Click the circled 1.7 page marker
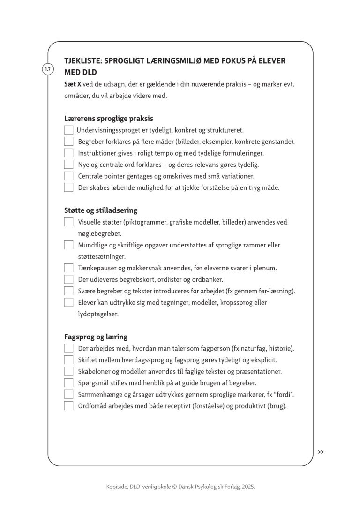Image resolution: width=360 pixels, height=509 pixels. pyautogui.click(x=47, y=69)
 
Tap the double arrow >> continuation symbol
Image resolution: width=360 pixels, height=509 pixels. pyautogui.click(x=321, y=452)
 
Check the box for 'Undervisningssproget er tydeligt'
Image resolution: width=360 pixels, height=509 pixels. pyautogui.click(x=68, y=130)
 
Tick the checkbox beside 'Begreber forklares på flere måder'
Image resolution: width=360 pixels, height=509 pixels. pyautogui.click(x=68, y=142)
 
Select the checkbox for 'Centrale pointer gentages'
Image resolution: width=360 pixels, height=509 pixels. pyautogui.click(x=68, y=176)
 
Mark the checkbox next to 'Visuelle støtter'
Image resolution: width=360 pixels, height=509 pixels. pyautogui.click(x=68, y=222)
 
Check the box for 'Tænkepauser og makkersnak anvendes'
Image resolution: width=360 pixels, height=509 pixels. pyautogui.click(x=68, y=268)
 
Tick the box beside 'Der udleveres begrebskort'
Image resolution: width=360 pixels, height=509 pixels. pyautogui.click(x=68, y=279)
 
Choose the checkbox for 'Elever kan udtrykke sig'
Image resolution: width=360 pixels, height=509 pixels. pyautogui.click(x=68, y=302)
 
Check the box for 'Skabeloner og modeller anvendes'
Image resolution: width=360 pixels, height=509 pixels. pyautogui.click(x=68, y=371)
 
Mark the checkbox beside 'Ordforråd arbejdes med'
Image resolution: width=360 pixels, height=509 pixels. pyautogui.click(x=68, y=406)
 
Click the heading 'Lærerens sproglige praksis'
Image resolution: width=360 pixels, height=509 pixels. pyautogui.click(x=109, y=119)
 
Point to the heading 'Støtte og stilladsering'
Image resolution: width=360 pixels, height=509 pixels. pyautogui.click(x=101, y=210)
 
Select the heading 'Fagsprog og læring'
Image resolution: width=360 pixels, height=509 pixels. pyautogui.click(x=96, y=337)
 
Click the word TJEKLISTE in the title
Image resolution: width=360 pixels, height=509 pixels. pyautogui.click(x=82, y=61)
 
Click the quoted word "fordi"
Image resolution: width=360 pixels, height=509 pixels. pyautogui.click(x=291, y=395)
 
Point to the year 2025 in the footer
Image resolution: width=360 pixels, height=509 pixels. pyautogui.click(x=248, y=487)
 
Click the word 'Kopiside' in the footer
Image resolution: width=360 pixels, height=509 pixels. pyautogui.click(x=116, y=487)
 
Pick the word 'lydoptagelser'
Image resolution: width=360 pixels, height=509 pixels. pyautogui.click(x=98, y=314)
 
